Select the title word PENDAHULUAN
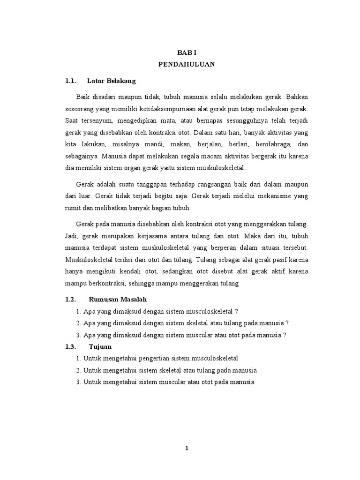[x=186, y=65]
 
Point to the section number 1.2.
[x=70, y=299]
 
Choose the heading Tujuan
[x=99, y=346]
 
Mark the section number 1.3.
[x=70, y=346]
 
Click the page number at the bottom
[x=186, y=448]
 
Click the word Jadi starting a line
[x=71, y=236]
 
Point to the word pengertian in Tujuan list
[x=139, y=358]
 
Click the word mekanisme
[x=268, y=195]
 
